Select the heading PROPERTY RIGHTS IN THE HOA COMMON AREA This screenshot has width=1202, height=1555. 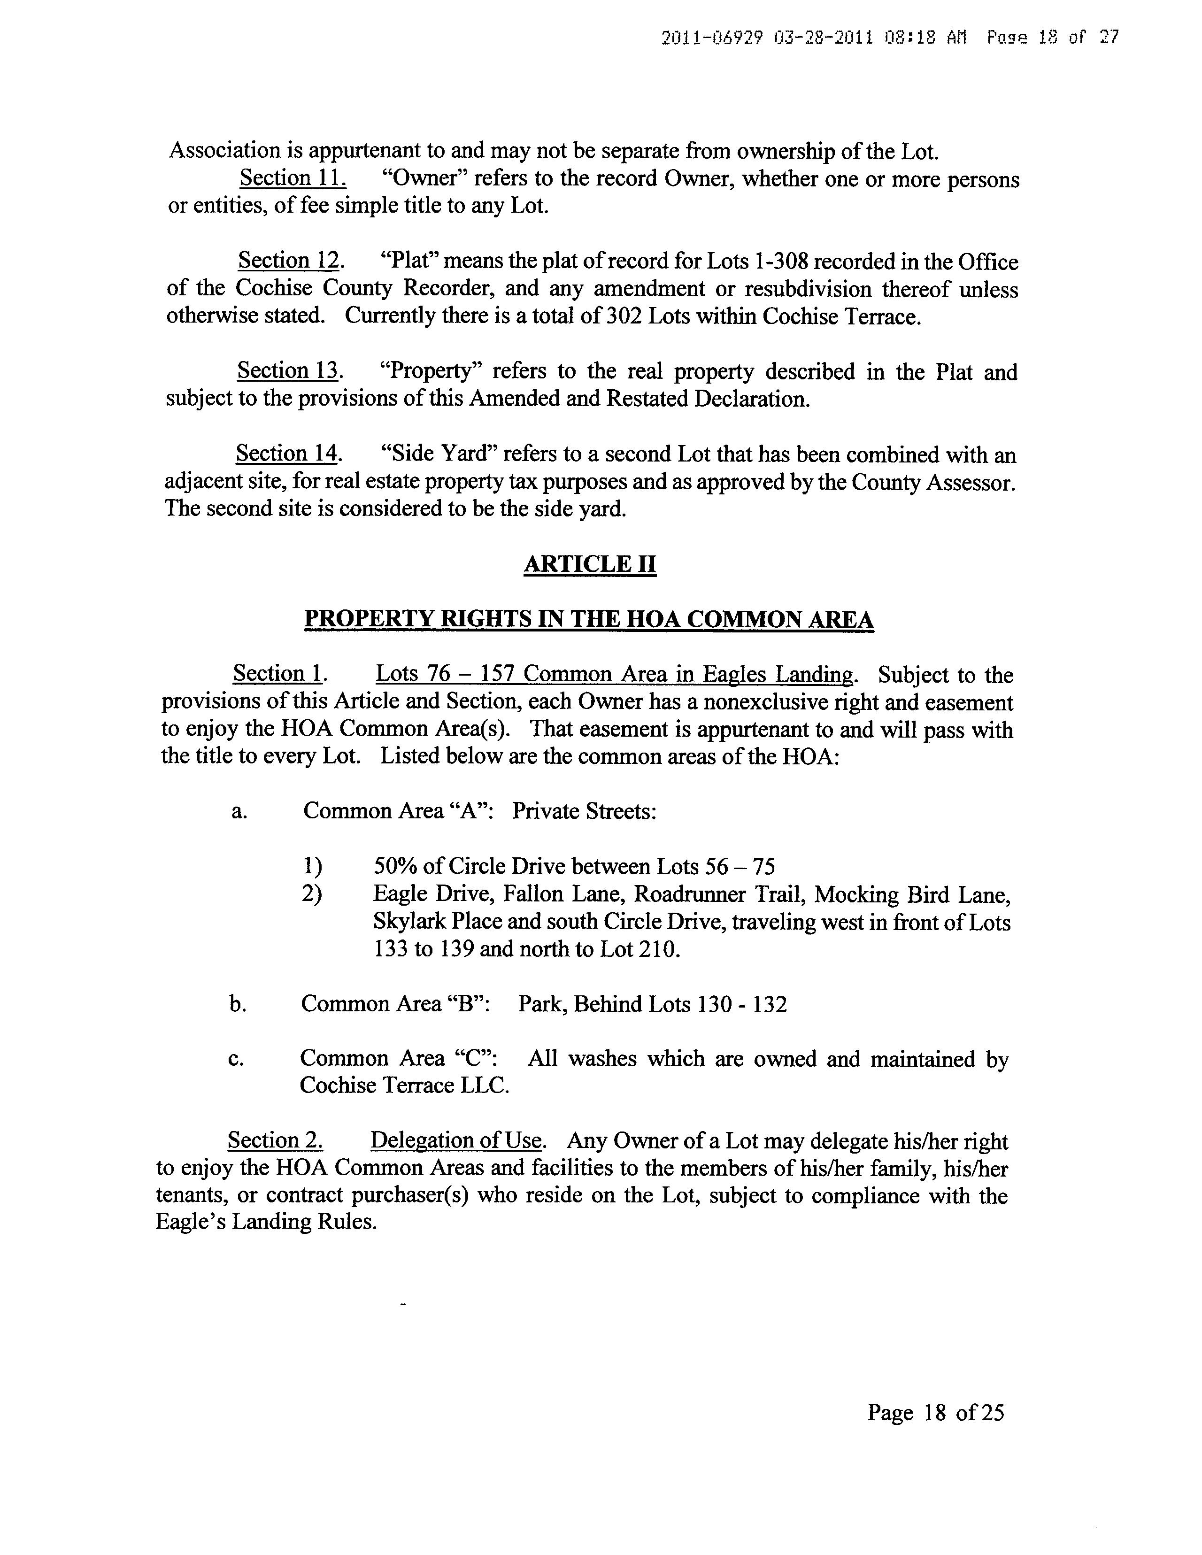(589, 619)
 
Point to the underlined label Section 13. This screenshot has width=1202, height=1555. (290, 371)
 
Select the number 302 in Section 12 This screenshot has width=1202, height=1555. (624, 316)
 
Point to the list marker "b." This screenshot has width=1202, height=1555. (238, 1005)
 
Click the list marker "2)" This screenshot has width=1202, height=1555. (312, 894)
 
